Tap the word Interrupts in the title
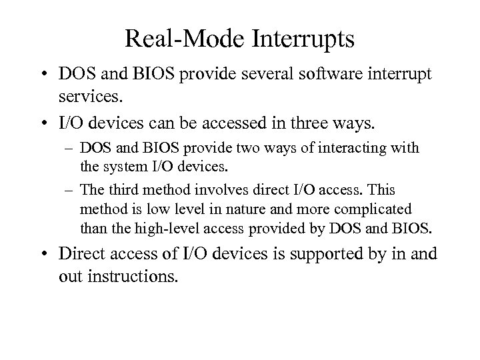pyautogui.click(x=302, y=39)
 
